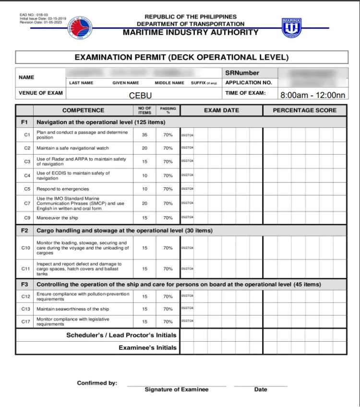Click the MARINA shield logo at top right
[291, 28]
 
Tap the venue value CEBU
[140, 96]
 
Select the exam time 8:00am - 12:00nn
[313, 95]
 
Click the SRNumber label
[242, 73]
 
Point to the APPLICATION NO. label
[249, 83]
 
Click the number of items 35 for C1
[144, 135]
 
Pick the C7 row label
[27, 203]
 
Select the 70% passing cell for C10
[168, 248]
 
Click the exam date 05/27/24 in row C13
[187, 308]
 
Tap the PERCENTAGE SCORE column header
[305, 110]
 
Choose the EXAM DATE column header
[221, 110]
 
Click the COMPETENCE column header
[83, 110]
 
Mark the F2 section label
[24, 231]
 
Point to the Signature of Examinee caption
[177, 390]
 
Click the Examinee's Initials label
[147, 347]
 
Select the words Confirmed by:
[97, 383]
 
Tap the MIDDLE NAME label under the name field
[169, 83]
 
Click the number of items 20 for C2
[144, 148]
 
